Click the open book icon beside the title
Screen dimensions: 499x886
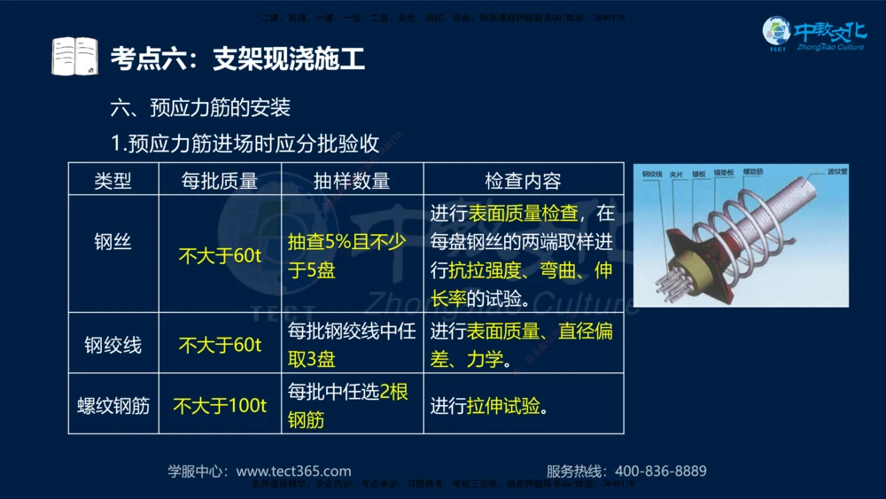[x=74, y=57]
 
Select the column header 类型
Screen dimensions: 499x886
[x=113, y=181]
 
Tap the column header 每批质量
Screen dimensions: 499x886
[x=220, y=181]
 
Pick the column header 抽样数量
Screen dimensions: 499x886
[x=352, y=181]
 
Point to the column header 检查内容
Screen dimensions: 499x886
[x=523, y=181]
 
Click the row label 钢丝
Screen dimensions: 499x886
[x=113, y=241]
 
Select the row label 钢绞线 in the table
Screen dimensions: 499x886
[x=113, y=344]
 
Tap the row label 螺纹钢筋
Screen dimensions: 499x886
[x=113, y=406]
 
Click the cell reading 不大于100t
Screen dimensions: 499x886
[x=220, y=406]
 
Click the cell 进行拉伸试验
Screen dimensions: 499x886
[x=487, y=406]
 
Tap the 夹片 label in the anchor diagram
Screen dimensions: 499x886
[x=677, y=174]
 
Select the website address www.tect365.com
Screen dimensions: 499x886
[x=293, y=472]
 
